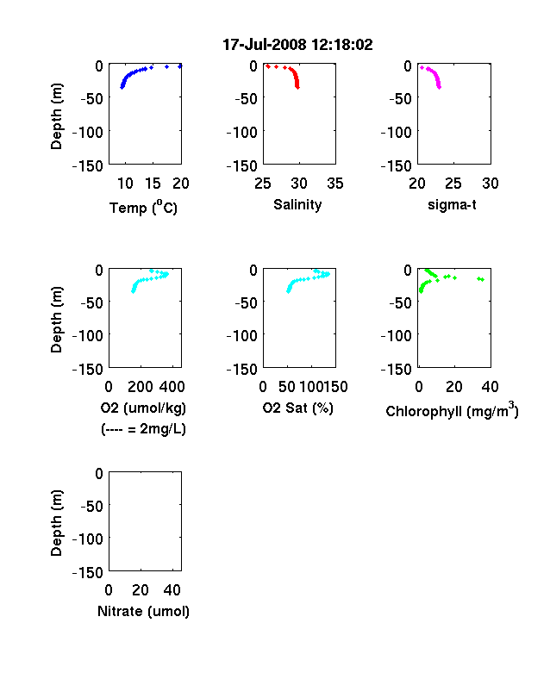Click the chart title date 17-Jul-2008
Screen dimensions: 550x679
264,45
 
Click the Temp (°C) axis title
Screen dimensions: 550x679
143,208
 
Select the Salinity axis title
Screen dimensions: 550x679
297,205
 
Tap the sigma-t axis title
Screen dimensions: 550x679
452,204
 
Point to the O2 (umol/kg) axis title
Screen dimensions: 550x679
143,408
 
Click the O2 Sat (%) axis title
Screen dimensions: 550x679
298,408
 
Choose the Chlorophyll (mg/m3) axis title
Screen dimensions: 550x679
452,410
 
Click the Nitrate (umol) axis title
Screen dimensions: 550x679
143,612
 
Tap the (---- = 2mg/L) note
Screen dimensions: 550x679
143,429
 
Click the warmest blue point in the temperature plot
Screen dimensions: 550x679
180,66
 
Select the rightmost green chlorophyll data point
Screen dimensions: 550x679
483,280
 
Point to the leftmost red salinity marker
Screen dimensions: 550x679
268,66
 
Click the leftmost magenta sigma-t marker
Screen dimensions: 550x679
422,67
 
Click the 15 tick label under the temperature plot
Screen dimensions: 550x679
153,184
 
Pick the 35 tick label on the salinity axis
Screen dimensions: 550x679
335,184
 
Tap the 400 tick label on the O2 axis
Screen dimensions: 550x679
172,387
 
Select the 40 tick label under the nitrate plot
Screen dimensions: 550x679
172,589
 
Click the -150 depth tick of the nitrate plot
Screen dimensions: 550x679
87,573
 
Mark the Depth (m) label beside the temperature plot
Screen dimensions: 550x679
57,116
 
